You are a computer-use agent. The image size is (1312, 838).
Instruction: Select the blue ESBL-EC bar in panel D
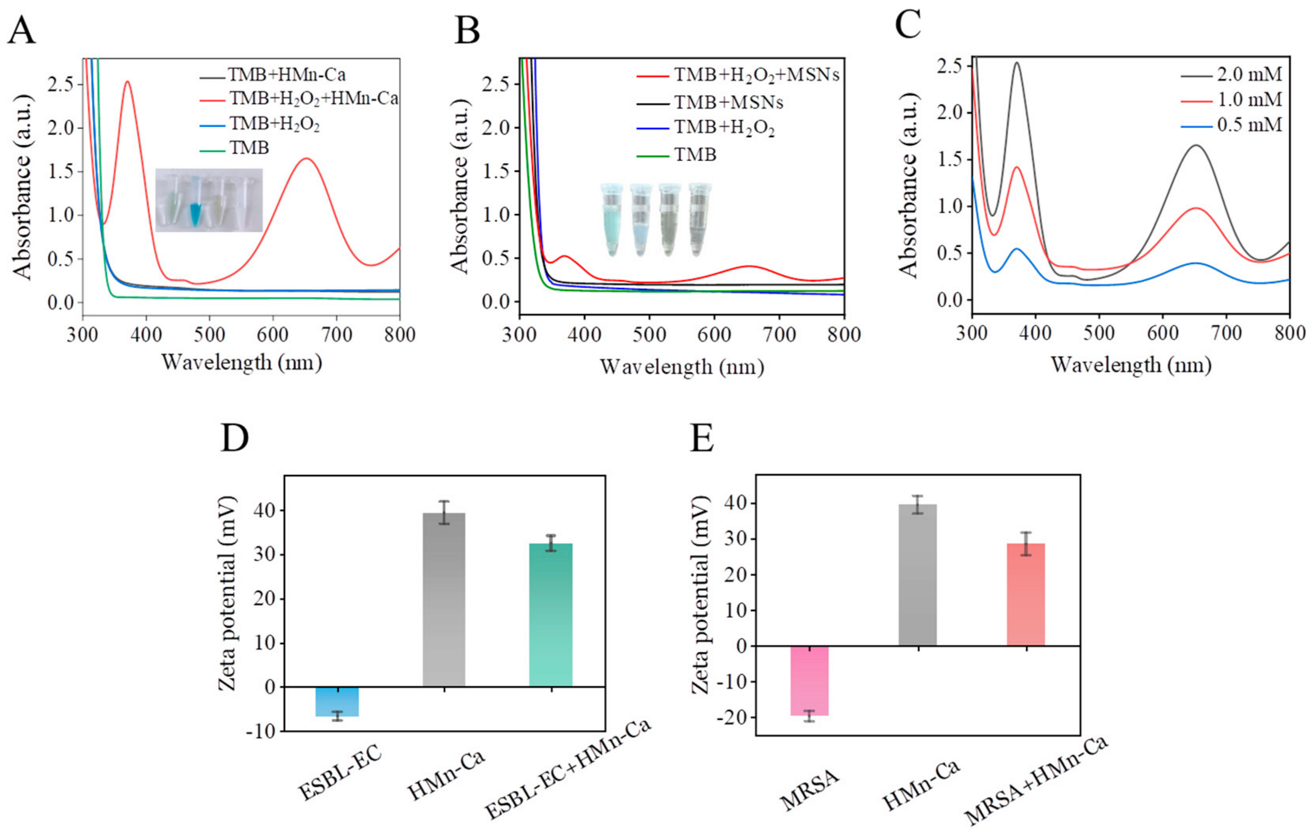point(338,701)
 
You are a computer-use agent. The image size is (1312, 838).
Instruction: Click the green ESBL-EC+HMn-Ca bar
point(551,615)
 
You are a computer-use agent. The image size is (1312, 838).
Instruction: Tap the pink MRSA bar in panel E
point(810,680)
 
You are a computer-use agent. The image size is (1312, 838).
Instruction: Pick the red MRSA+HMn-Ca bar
point(1026,594)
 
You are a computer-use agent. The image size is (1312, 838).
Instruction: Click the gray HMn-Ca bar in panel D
point(444,600)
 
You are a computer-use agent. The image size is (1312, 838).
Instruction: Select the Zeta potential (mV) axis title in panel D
point(228,593)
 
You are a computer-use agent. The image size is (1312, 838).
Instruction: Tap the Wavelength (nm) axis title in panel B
point(682,367)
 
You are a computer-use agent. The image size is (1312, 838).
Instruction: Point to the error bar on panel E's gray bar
point(918,505)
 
